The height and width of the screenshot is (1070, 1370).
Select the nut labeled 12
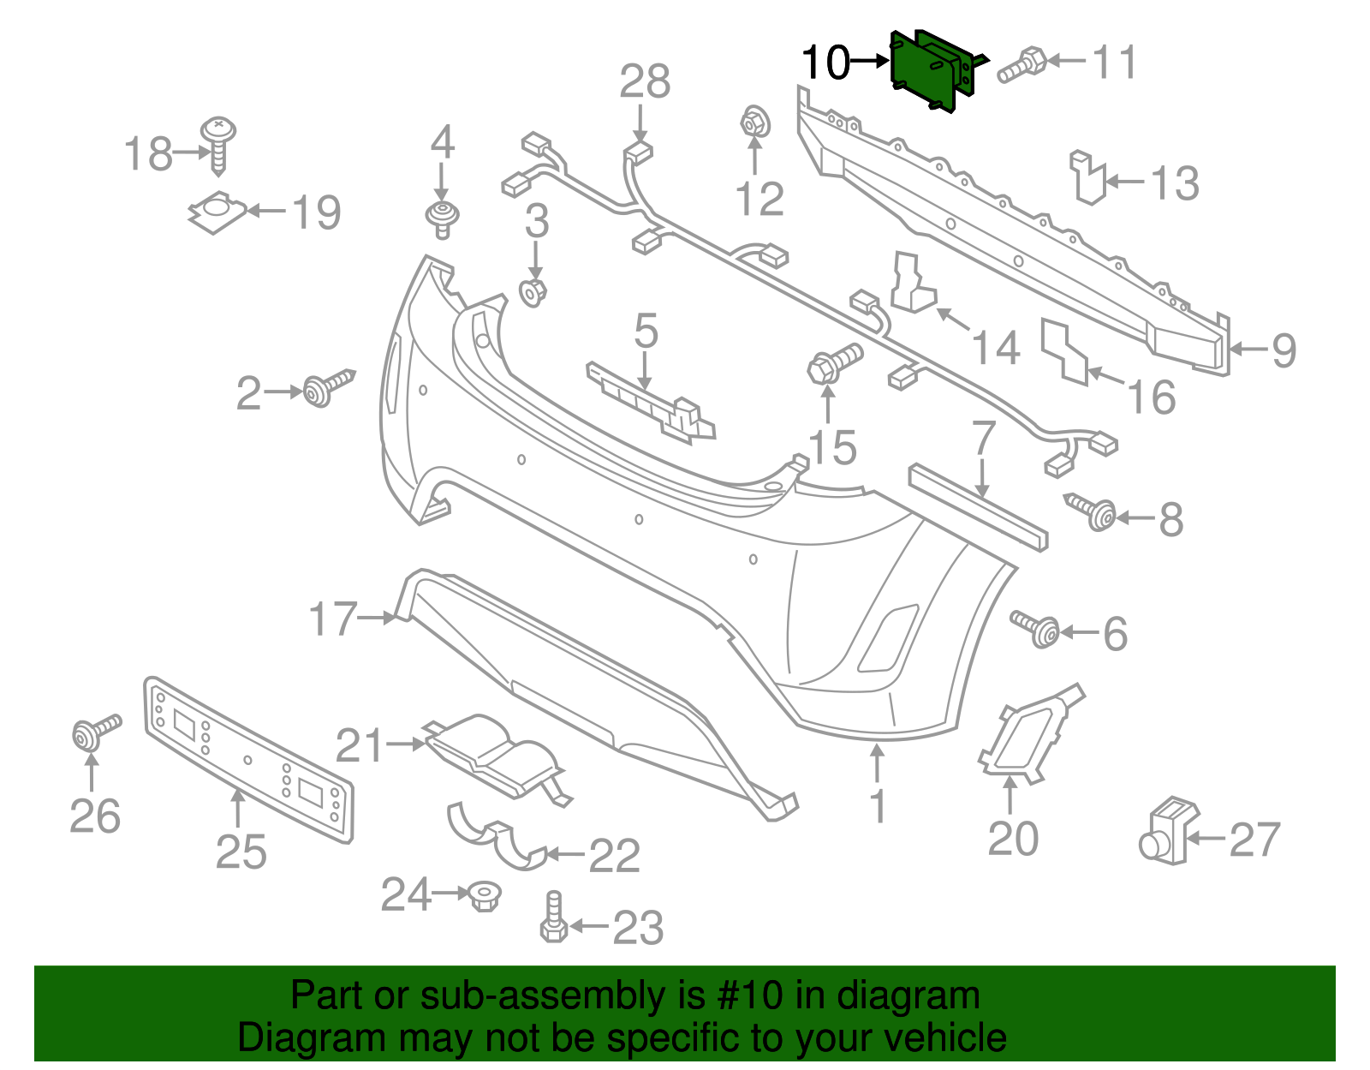point(753,123)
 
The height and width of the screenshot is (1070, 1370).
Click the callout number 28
point(645,82)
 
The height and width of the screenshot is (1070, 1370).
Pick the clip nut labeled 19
point(217,211)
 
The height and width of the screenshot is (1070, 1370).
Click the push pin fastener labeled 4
point(442,218)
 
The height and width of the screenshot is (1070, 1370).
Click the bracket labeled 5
point(651,403)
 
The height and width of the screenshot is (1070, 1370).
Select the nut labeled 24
point(485,897)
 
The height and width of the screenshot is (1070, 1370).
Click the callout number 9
point(1283,350)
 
